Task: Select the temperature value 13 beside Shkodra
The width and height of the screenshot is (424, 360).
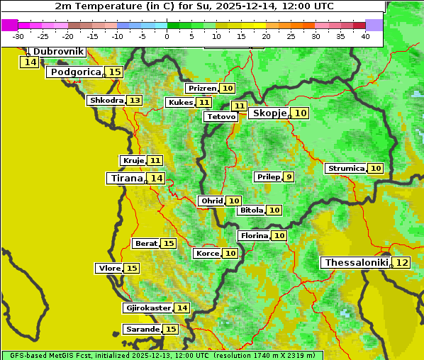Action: pos(134,100)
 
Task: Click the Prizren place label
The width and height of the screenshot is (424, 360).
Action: pos(202,88)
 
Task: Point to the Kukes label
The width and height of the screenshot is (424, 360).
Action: pos(179,102)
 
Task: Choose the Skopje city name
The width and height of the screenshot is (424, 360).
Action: pos(269,113)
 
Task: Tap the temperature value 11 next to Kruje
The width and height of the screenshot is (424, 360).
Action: pos(155,160)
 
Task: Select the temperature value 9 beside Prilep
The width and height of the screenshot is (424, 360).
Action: pos(288,176)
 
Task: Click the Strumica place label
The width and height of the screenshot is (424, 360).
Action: pos(346,168)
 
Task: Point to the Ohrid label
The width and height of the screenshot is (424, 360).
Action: pos(211,201)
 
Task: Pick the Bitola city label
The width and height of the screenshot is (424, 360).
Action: pos(251,210)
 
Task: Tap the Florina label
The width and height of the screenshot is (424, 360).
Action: pos(254,235)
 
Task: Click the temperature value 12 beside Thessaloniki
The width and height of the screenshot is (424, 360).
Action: pos(401,262)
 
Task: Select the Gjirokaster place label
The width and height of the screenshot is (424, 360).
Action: pos(147,308)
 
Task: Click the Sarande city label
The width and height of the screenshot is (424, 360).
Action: pos(142,330)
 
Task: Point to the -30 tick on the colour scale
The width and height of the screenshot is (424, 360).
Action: pos(18,36)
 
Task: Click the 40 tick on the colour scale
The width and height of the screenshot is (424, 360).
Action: pos(365,36)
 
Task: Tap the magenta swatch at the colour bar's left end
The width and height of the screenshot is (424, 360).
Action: pos(10,25)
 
